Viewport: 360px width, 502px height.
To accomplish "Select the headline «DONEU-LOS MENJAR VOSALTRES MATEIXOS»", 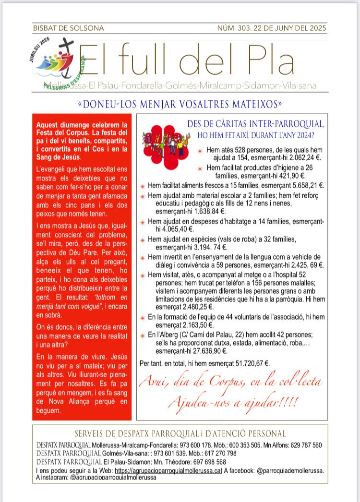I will tap(180, 104).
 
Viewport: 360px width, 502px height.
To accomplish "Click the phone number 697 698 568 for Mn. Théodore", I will tap(214, 462).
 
